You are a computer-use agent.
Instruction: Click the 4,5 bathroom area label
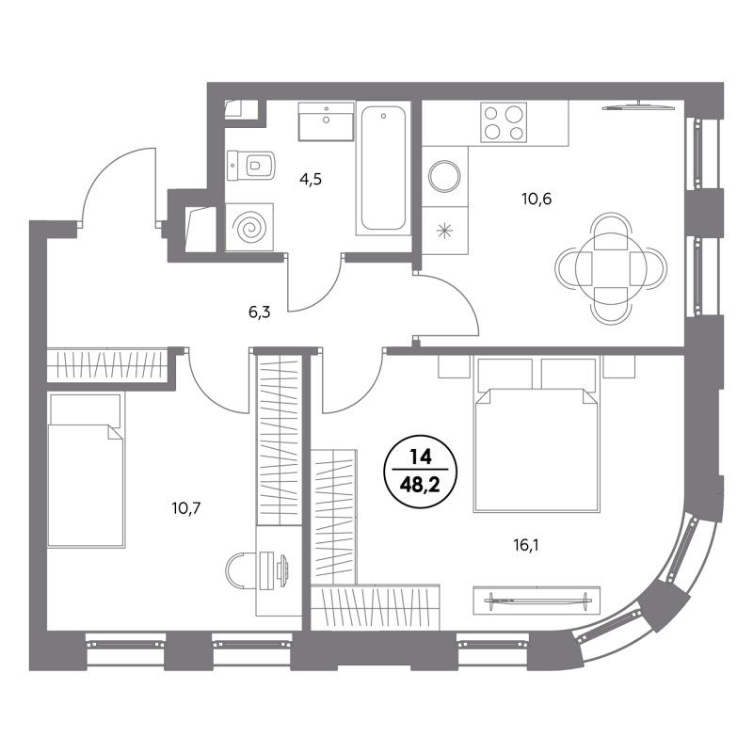(311, 180)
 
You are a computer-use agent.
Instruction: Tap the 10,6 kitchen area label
(537, 199)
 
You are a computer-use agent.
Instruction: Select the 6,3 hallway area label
(260, 312)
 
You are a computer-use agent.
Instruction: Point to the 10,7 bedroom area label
(185, 507)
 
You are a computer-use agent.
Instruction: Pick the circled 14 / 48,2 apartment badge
(420, 473)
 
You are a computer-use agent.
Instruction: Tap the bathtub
(383, 168)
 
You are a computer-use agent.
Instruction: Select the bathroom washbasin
(327, 121)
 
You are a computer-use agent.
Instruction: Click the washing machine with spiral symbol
(249, 227)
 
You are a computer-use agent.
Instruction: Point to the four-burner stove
(504, 122)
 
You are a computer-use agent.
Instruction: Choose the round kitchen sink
(444, 177)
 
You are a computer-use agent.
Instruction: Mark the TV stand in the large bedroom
(537, 600)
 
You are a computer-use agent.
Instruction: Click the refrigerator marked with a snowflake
(444, 231)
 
